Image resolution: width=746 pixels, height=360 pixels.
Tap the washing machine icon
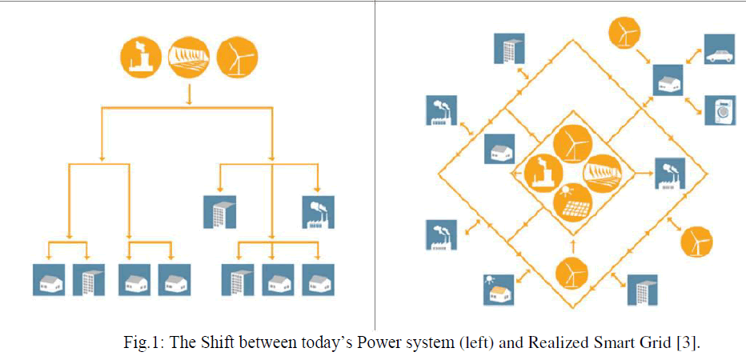tap(719, 110)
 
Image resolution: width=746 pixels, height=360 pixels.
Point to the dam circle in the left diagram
tap(188, 57)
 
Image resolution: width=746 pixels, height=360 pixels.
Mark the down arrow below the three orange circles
tap(189, 94)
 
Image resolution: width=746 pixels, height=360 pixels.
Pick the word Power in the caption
tap(380, 343)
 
